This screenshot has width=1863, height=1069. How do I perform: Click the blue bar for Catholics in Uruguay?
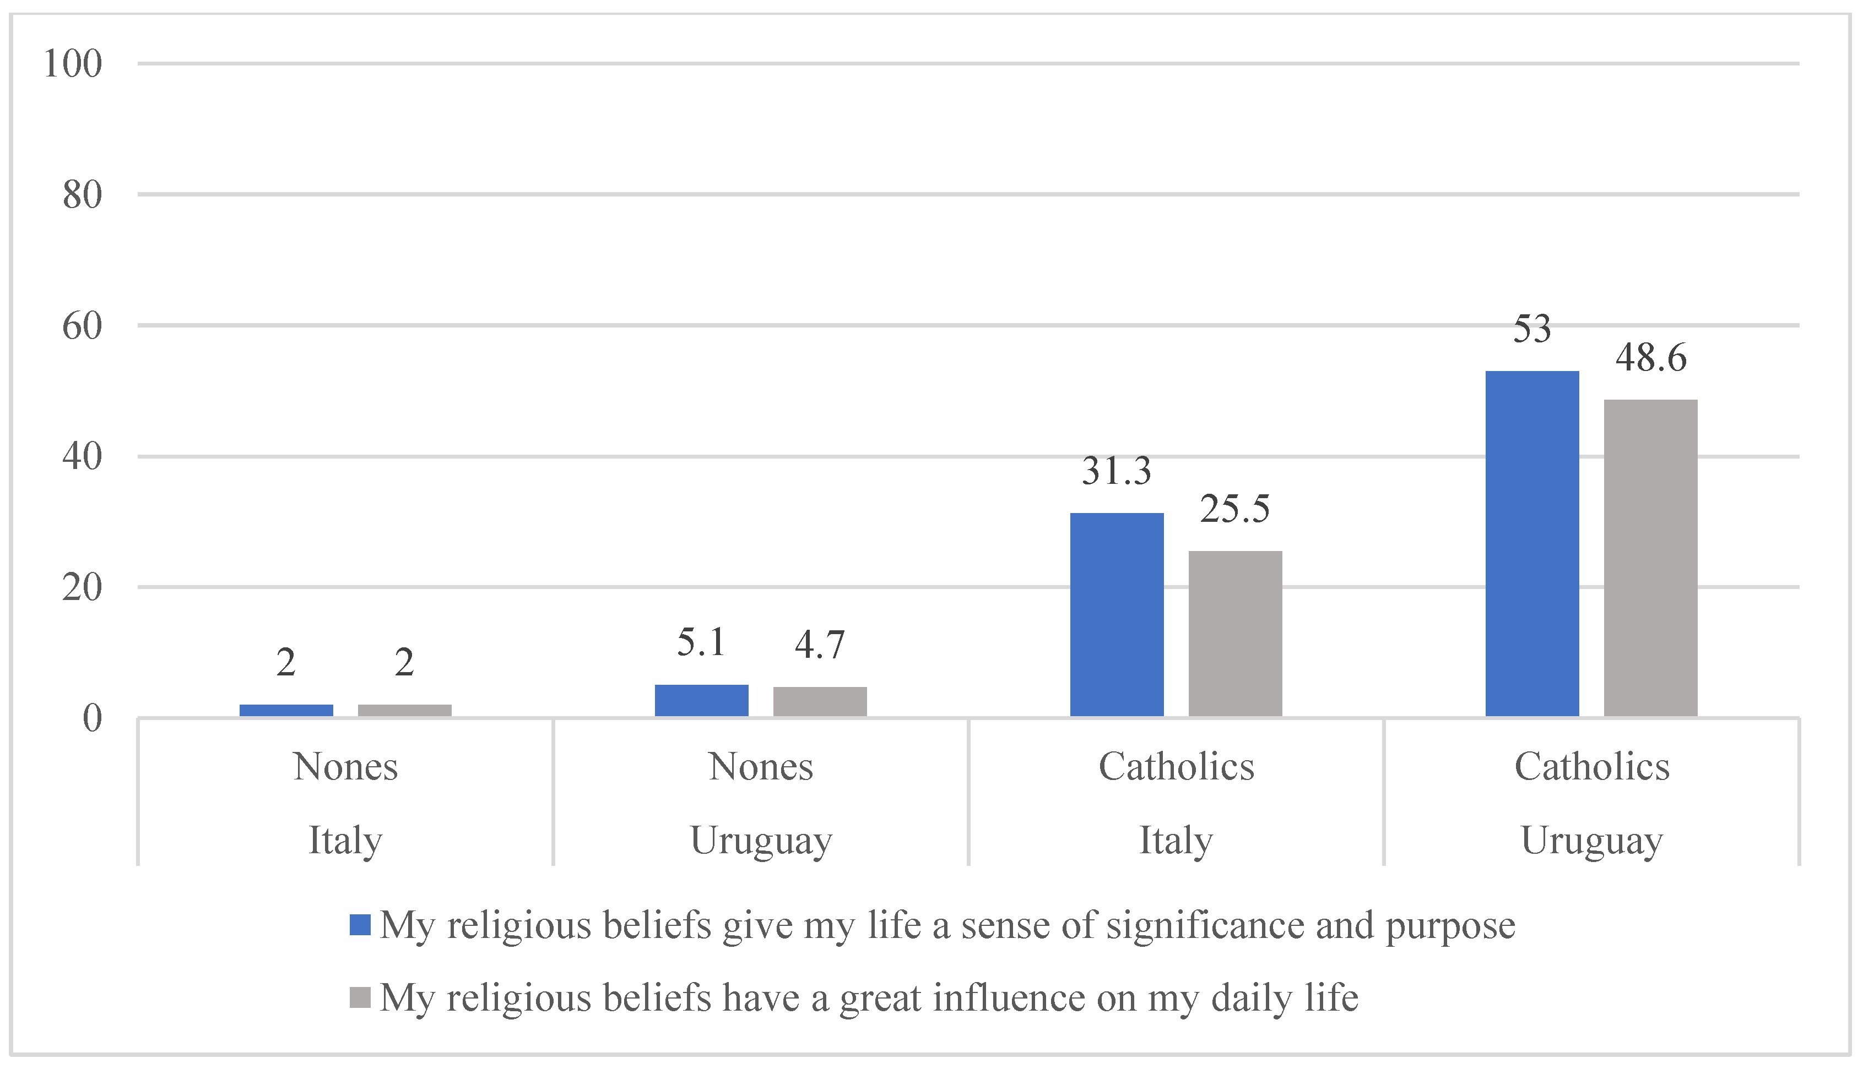coord(1532,543)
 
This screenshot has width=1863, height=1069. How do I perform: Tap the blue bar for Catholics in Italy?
coord(1117,614)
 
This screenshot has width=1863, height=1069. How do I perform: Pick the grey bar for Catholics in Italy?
coord(1235,634)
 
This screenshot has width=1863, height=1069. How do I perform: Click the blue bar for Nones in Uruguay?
coord(702,700)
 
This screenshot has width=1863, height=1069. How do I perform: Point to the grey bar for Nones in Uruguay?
coord(820,702)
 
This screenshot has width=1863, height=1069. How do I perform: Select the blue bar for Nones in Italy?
coord(286,710)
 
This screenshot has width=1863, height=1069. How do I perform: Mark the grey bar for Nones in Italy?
coord(405,710)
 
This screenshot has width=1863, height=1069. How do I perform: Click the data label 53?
coord(1532,329)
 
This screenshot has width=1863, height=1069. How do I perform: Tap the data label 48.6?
coord(1651,358)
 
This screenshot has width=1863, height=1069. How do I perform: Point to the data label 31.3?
coord(1117,471)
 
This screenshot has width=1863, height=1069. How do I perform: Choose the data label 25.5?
coord(1235,509)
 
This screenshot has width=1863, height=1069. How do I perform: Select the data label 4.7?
coord(820,645)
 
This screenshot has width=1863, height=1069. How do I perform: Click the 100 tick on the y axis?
coord(73,64)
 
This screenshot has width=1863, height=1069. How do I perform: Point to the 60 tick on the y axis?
coord(82,326)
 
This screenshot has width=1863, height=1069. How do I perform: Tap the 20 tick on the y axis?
coord(82,587)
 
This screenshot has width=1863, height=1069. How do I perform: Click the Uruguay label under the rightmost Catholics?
coord(1591,841)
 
